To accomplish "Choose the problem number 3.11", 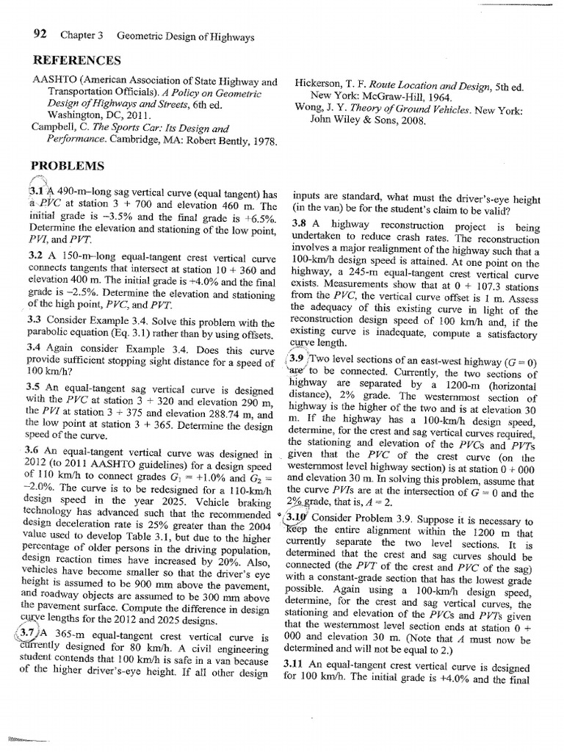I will click(297, 663).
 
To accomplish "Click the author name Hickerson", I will click(323, 85).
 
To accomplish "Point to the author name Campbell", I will click(51, 126).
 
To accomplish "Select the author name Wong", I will click(310, 109).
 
